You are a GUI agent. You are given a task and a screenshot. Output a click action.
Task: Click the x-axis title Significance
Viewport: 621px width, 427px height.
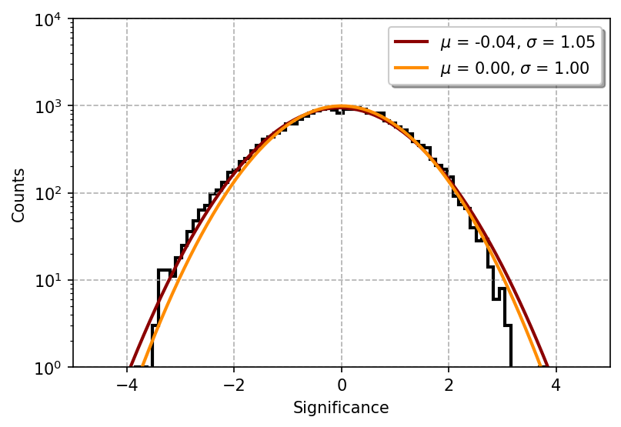(x=341, y=408)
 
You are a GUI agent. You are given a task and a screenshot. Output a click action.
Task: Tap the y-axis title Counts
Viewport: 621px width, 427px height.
(x=18, y=195)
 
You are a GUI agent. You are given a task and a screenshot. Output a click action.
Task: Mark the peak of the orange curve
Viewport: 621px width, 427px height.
(x=342, y=106)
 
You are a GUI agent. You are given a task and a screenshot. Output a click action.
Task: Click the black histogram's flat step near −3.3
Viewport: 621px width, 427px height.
(x=164, y=270)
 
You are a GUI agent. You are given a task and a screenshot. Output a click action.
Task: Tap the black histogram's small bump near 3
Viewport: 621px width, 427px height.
(x=501, y=289)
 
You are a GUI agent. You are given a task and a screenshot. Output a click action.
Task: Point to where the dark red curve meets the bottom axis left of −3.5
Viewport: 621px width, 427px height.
(x=131, y=366)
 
